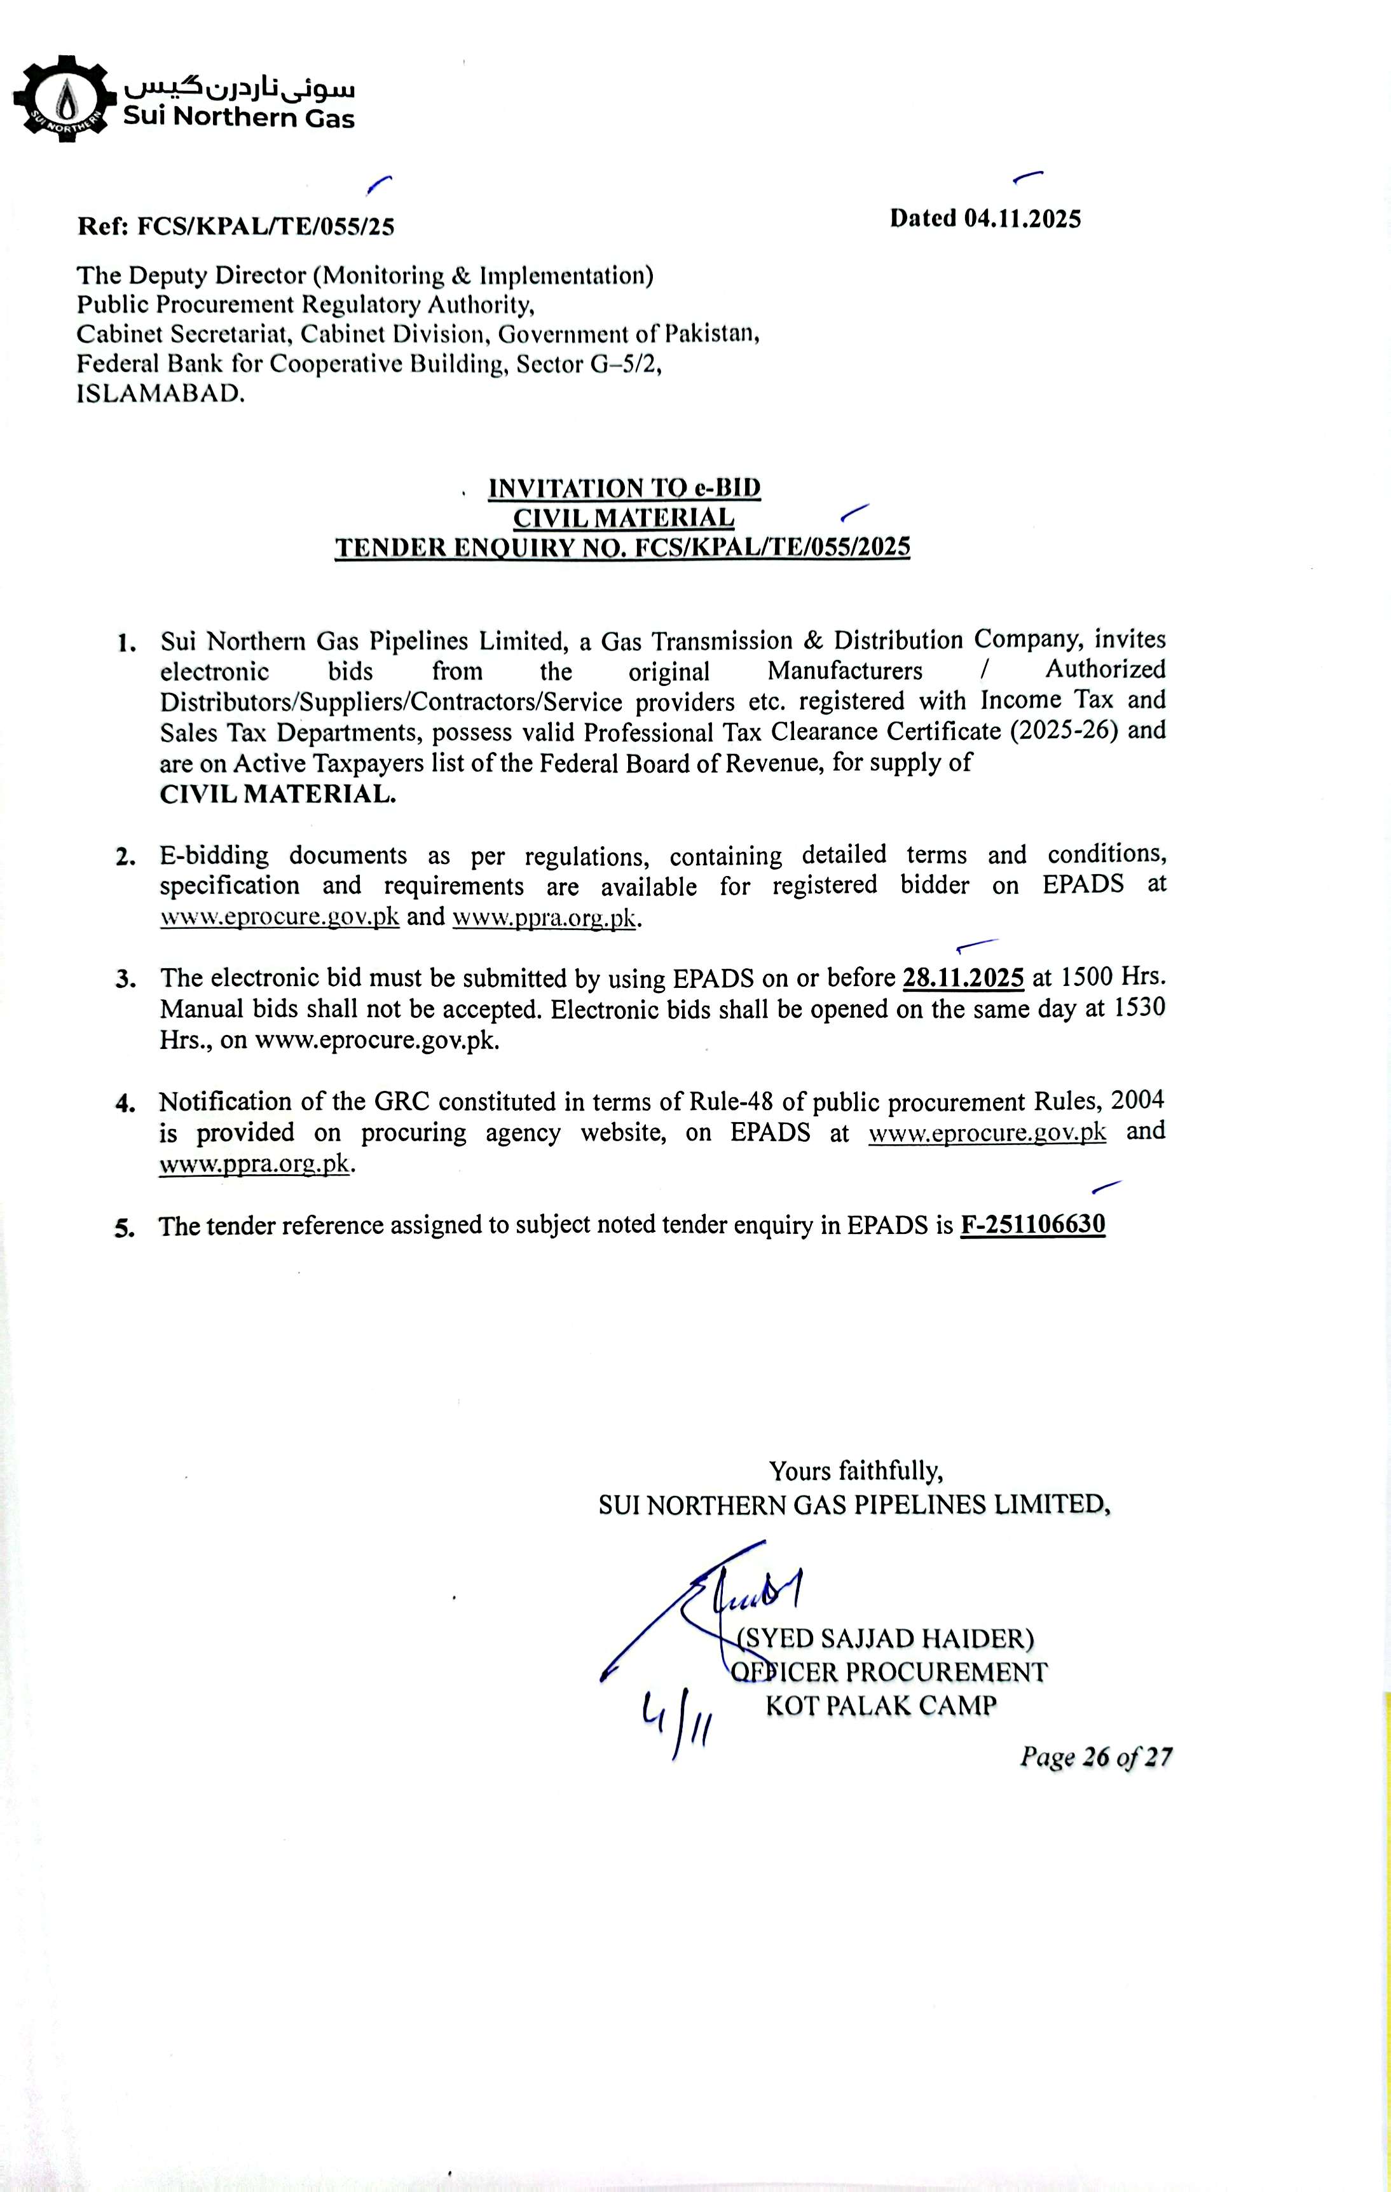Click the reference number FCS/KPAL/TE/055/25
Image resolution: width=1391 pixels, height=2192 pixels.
pos(265,226)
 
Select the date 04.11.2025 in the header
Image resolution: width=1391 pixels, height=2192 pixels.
pos(1022,219)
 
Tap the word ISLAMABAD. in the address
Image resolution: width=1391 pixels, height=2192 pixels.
pos(160,394)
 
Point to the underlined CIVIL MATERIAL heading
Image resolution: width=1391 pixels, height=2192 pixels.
pos(624,518)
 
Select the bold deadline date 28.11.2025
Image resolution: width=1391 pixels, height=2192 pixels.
pos(963,978)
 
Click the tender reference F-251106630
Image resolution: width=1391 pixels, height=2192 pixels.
pos(1032,1224)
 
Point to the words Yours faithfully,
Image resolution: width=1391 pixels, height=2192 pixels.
pos(856,1470)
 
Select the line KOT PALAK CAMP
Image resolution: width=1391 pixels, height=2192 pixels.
pos(881,1705)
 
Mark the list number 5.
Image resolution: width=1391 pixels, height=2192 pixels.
pos(124,1228)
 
